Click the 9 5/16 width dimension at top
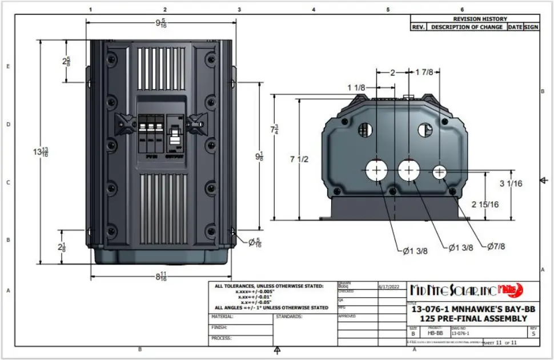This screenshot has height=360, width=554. point(160,23)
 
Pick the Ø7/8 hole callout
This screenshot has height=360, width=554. point(496,246)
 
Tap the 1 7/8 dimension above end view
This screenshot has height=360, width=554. point(424,73)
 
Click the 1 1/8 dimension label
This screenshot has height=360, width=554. point(356,87)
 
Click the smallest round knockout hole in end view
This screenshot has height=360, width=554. point(439,172)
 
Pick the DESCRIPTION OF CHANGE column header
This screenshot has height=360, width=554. point(467,27)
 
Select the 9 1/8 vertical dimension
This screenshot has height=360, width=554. point(260,157)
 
